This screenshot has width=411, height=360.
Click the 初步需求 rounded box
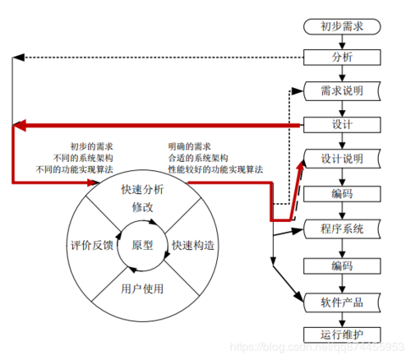(x=344, y=27)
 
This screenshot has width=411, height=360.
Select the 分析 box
(x=343, y=58)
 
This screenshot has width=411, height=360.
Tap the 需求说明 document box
(x=343, y=90)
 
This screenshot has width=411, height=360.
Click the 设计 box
(x=343, y=125)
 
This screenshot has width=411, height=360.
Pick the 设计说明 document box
(x=343, y=159)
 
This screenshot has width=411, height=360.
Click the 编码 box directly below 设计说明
(x=343, y=194)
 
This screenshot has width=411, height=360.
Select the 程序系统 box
(x=343, y=228)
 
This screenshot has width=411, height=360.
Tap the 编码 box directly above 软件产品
(x=343, y=265)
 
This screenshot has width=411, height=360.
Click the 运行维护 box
(x=343, y=334)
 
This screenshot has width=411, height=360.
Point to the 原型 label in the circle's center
(x=142, y=245)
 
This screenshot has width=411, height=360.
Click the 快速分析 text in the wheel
(x=142, y=190)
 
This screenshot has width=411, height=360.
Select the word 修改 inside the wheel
(x=142, y=207)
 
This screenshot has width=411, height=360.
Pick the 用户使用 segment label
(x=142, y=288)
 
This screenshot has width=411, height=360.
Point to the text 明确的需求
(x=189, y=145)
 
